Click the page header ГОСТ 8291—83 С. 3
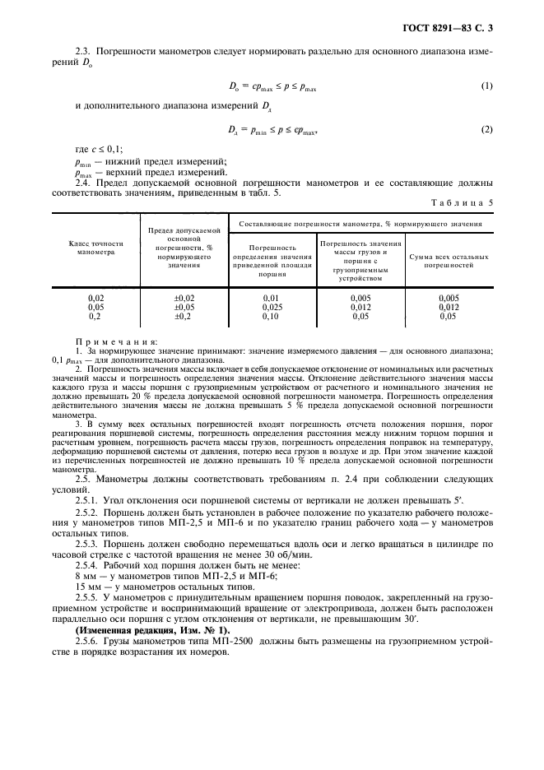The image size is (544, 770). pos(458,30)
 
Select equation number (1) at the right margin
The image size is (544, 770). pos(486,86)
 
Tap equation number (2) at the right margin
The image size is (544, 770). pos(486,130)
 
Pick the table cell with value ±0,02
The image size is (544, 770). pos(184,298)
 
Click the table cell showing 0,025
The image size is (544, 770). pos(272,306)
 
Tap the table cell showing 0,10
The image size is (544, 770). pos(272,315)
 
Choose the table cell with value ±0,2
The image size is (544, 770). pos(184,315)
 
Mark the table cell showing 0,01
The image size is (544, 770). pos(272,298)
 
